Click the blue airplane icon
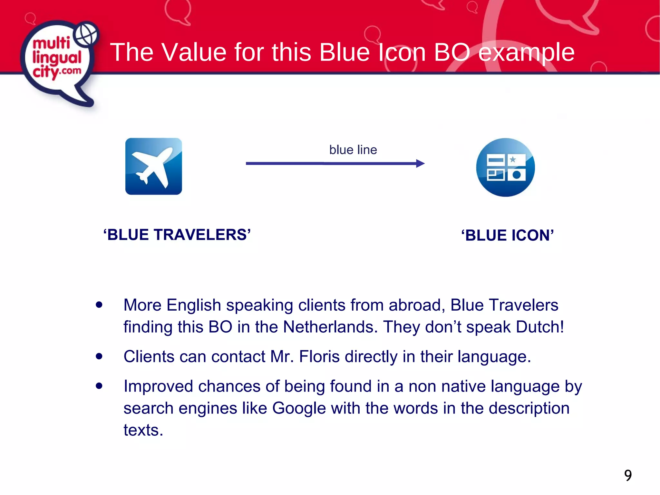coord(153,166)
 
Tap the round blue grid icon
coord(505,167)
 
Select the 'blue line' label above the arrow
coord(353,150)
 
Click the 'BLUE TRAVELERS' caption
coord(177,235)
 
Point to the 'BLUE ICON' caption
coord(507,235)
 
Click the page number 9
coord(628,475)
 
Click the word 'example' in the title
coord(526,52)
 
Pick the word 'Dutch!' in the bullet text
coord(540,327)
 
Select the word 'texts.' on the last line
coord(143,430)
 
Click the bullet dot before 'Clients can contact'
coord(99,356)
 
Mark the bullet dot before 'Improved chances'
coord(99,386)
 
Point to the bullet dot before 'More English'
coord(99,305)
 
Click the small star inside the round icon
coord(513,159)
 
